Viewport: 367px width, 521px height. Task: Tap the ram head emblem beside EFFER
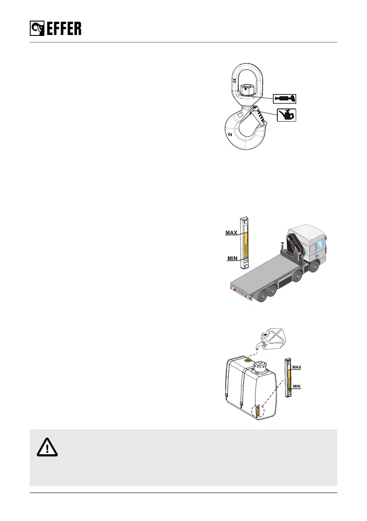36,29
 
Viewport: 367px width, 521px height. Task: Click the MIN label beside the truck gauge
232,259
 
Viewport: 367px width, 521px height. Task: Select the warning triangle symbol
46,447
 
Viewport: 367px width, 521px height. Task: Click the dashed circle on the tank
259,412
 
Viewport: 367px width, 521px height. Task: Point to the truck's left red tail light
233,290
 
